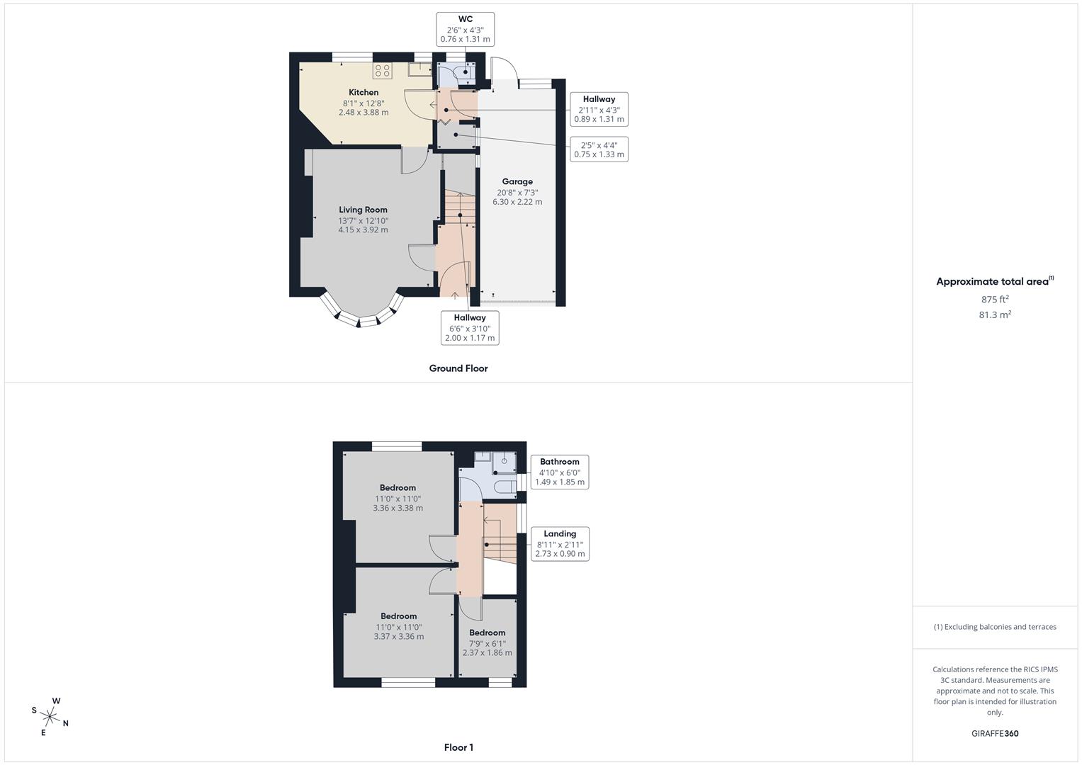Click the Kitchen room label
[364, 93]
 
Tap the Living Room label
[363, 210]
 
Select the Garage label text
[517, 182]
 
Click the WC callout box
[465, 29]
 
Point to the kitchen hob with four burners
[383, 70]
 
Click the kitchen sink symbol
[420, 69]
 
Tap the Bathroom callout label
[559, 472]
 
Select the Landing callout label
[560, 543]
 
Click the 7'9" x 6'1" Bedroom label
[487, 642]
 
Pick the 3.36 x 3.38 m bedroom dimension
[398, 508]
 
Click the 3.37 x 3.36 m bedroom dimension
[398, 636]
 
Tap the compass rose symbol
[51, 716]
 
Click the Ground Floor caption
[458, 368]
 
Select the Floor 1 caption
[458, 747]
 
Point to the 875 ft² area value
[994, 300]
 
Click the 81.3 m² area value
[994, 315]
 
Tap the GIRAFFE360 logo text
[994, 734]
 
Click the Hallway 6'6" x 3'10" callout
[469, 328]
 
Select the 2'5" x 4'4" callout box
[599, 149]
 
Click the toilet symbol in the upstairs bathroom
[505, 487]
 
